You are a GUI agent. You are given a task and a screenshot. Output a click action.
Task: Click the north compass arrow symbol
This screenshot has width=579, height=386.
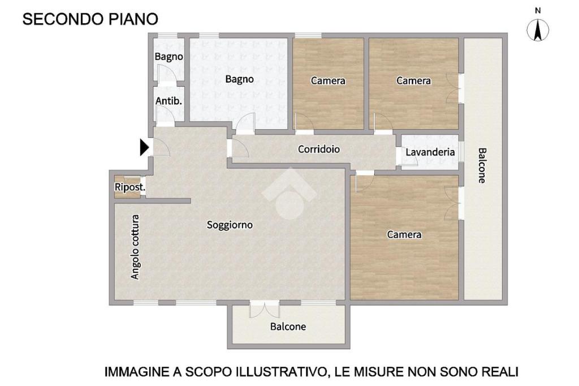coord(538,30)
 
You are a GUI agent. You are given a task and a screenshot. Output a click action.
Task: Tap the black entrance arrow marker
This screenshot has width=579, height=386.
coord(144,148)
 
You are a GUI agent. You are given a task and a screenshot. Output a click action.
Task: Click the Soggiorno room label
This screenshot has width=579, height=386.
coord(230,225)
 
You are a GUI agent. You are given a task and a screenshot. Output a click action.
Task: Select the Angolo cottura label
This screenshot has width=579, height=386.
coord(136,247)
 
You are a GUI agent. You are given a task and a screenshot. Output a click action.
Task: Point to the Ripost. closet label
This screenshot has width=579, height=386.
coord(130,187)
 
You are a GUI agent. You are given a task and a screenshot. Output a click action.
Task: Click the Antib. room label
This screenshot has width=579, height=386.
coord(168,101)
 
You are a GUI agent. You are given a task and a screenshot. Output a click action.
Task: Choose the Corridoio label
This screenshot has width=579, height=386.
coord(319,149)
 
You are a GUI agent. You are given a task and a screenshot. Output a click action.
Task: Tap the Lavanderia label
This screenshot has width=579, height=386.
coord(430,152)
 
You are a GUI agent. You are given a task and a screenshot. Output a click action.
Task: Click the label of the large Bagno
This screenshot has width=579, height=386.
coord(239,79)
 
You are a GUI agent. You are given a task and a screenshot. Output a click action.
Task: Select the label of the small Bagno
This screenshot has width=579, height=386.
coord(168,57)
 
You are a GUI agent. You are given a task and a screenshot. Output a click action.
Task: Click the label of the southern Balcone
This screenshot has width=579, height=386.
coord(288,327)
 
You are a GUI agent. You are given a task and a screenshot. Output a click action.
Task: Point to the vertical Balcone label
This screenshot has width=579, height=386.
coord(482,165)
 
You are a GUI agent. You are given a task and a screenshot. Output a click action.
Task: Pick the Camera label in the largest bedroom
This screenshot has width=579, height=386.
coord(404,234)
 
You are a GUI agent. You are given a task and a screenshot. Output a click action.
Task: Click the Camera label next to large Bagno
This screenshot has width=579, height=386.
coord(328,80)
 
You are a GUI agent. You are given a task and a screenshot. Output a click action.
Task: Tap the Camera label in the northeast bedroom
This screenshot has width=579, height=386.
coord(413,80)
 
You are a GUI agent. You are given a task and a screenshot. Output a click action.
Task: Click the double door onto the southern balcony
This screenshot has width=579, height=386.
coord(265,310)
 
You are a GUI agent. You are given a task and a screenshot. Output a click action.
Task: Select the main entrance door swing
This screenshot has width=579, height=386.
coord(161,147)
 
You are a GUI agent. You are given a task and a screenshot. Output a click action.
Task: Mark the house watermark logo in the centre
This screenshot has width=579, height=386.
coord(289,194)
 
